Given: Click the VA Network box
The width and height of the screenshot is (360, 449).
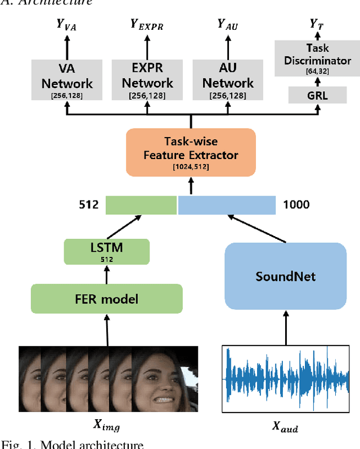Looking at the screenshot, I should tap(67, 79).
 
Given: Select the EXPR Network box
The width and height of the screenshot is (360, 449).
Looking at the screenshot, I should tap(148, 79).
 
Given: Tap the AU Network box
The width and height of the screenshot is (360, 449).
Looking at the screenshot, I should tap(228, 79).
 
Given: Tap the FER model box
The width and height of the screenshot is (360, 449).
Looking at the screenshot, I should tap(106, 298).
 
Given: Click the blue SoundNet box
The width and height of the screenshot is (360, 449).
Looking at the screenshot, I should tap(286, 276).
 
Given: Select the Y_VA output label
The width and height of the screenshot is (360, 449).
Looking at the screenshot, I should tap(67, 25).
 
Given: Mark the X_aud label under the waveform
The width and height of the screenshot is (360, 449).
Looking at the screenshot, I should tap(285, 428).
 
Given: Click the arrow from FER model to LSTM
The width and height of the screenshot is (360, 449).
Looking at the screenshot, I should tap(106, 274).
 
